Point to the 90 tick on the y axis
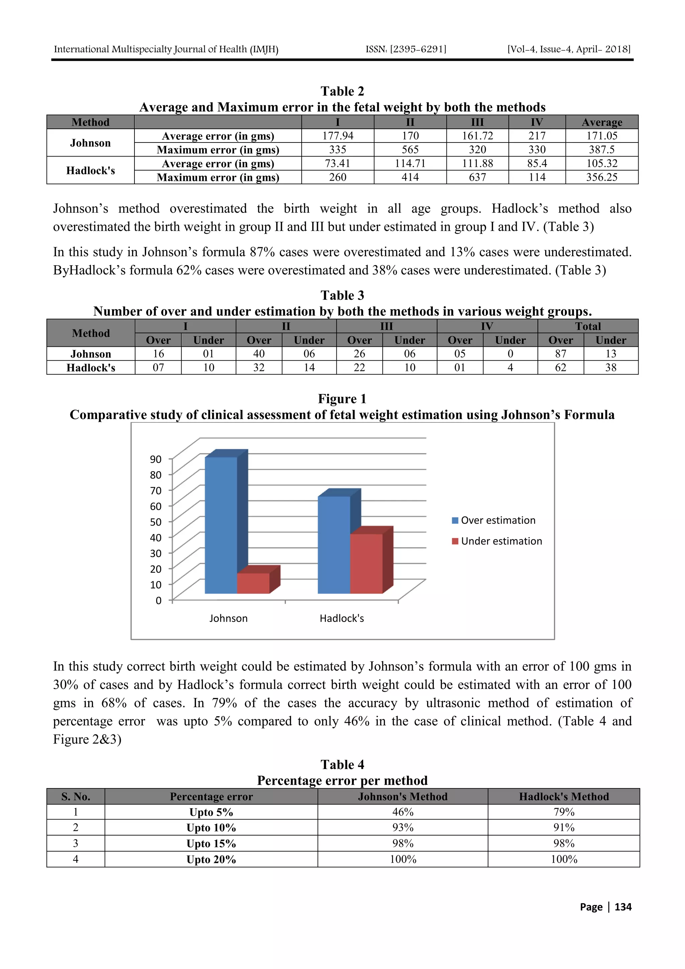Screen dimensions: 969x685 tap(156, 459)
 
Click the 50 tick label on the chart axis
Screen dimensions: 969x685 tap(156, 522)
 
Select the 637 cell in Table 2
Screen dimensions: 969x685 tap(477, 177)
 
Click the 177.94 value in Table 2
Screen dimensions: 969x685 tap(337, 136)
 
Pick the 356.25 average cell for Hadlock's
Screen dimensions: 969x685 tap(601, 177)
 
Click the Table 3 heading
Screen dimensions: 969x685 tap(342, 295)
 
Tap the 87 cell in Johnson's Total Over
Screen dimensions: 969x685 tap(561, 354)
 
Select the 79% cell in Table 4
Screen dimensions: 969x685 tap(564, 812)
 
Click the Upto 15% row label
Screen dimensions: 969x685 tap(211, 844)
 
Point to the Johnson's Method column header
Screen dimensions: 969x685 tap(402, 796)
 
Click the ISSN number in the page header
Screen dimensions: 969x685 tap(406, 50)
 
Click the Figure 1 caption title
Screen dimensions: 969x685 tap(342, 399)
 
